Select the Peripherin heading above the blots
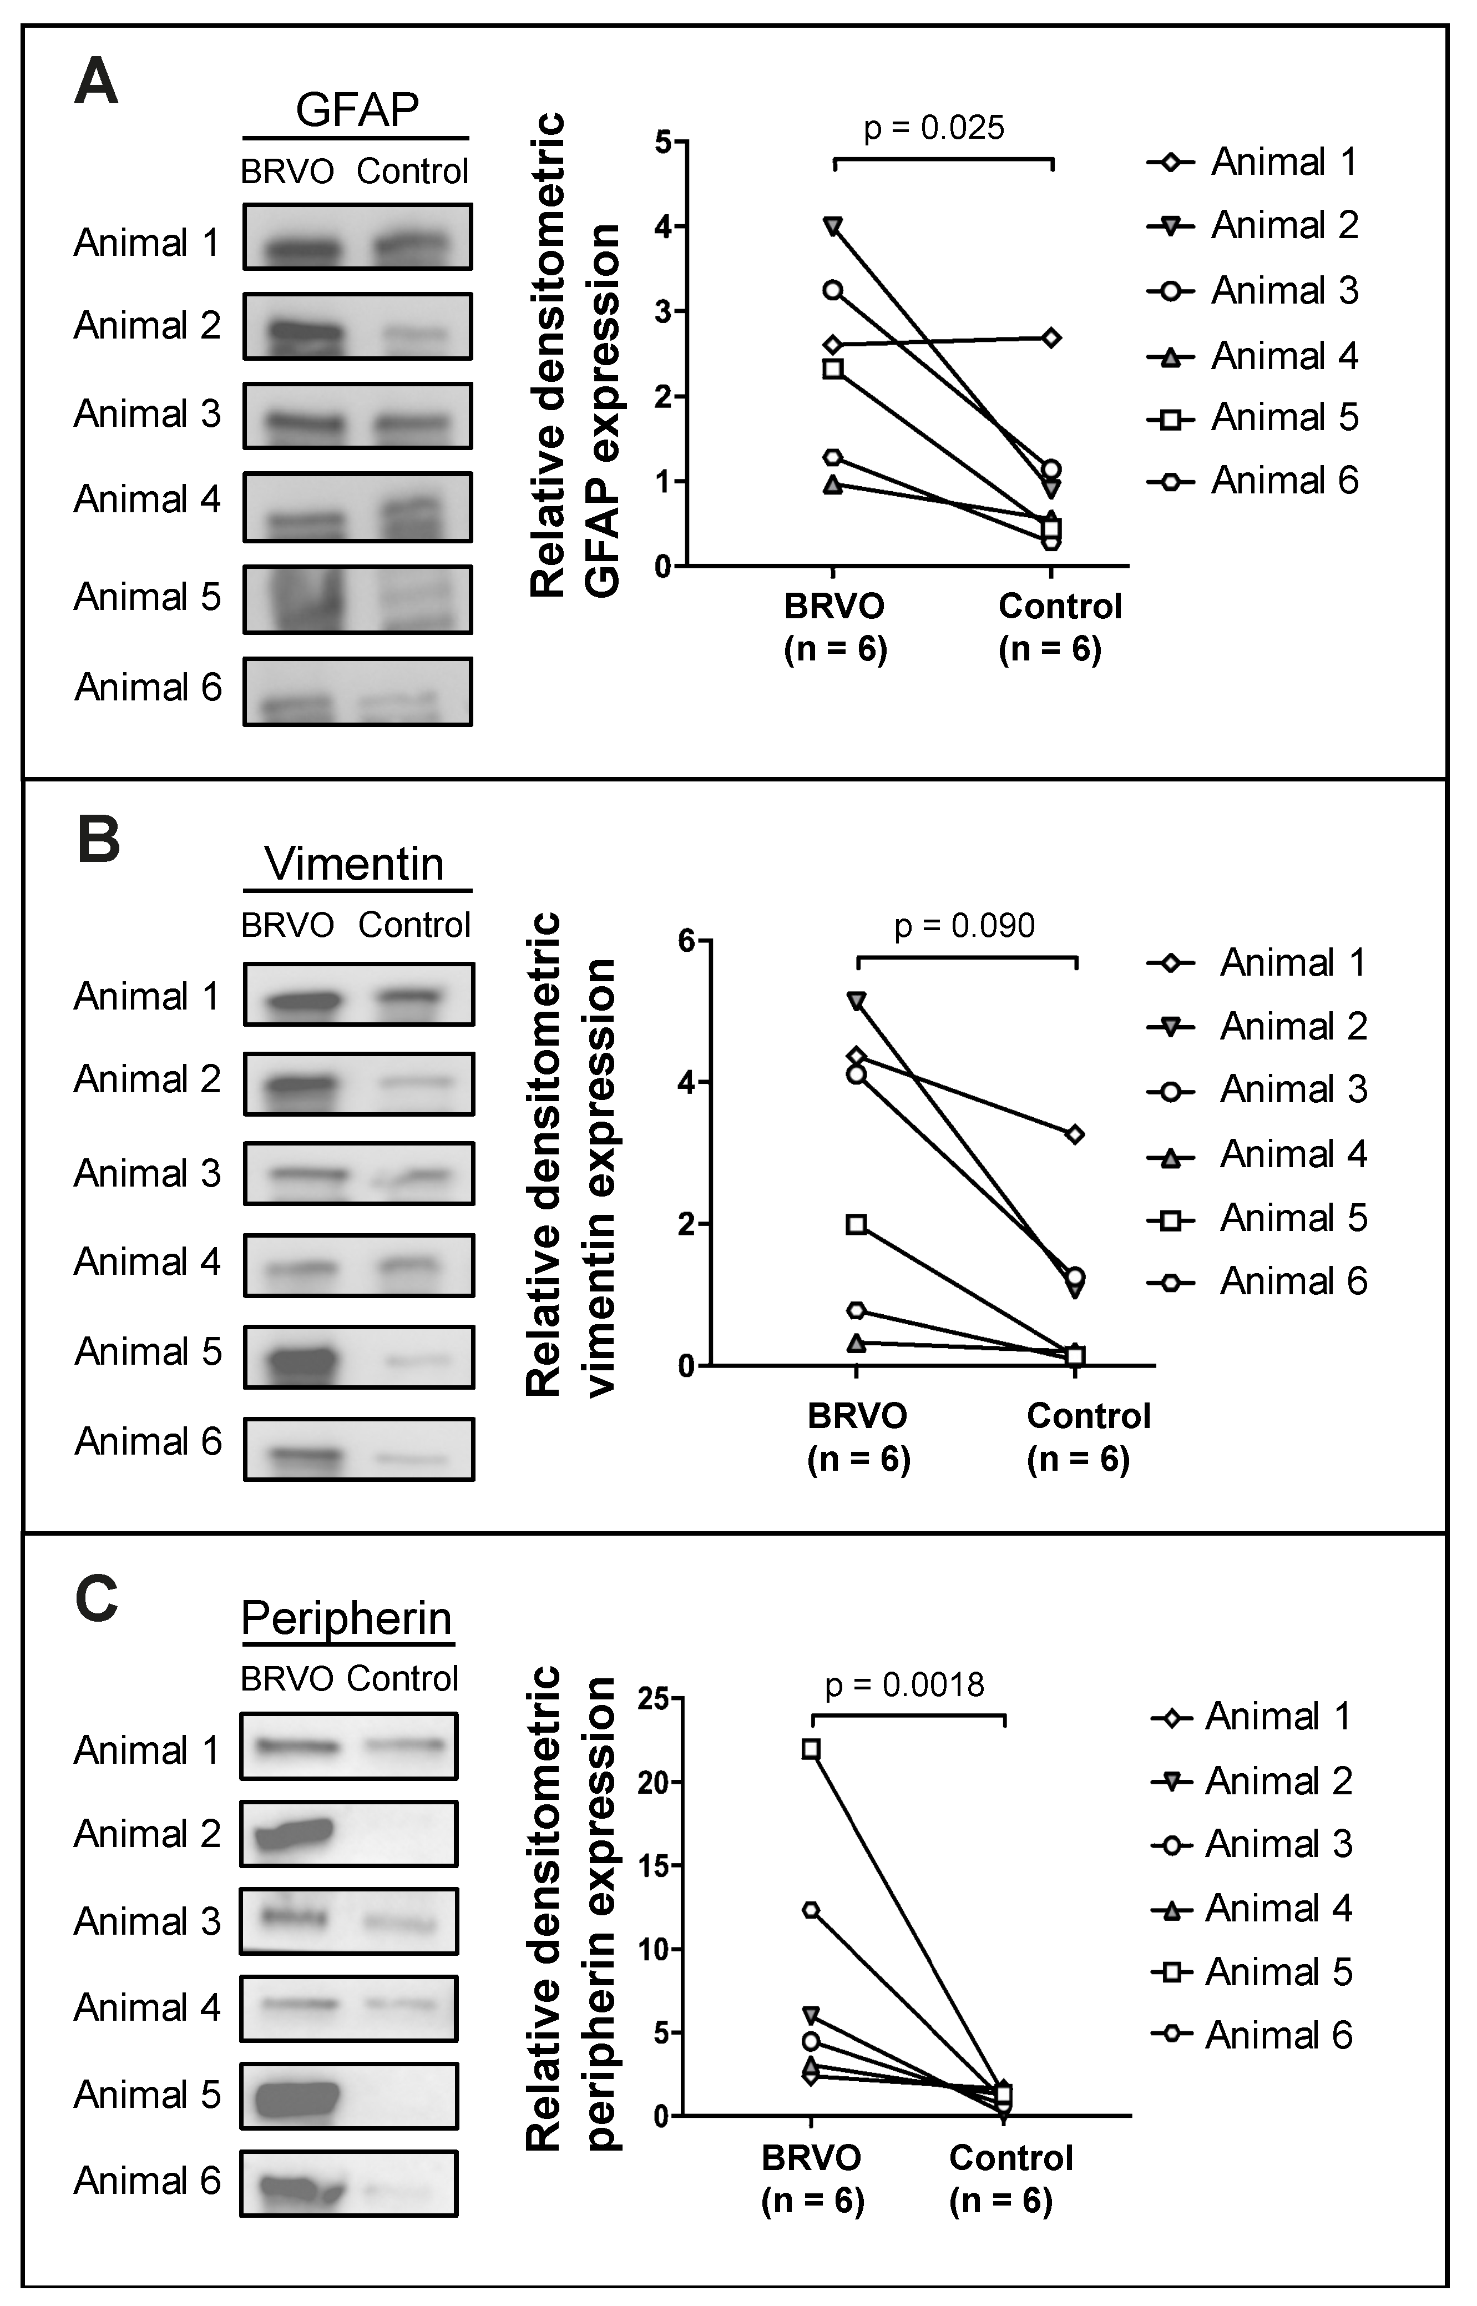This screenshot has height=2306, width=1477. tap(346, 1618)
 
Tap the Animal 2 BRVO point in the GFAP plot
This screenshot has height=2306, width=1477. tap(833, 226)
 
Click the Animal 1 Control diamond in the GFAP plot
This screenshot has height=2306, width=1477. tap(1051, 337)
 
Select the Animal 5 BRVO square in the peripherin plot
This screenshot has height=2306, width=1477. tap(811, 1749)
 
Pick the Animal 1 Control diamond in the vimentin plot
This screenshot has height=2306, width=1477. tap(1075, 1135)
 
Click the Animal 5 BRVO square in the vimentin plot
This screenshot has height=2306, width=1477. tap(857, 1224)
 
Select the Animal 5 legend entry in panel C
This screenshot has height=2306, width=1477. tap(1252, 1972)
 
